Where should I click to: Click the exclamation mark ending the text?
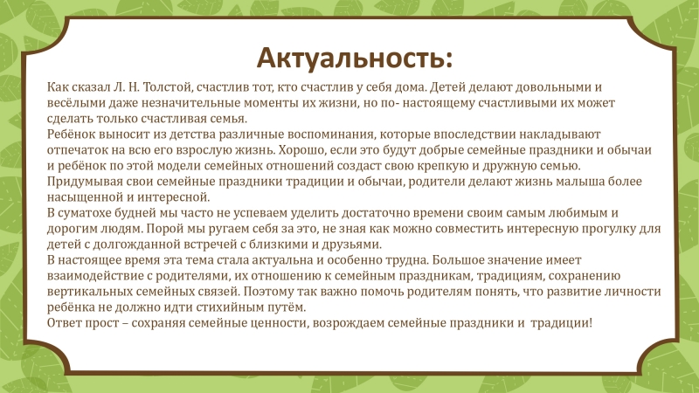(591, 322)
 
